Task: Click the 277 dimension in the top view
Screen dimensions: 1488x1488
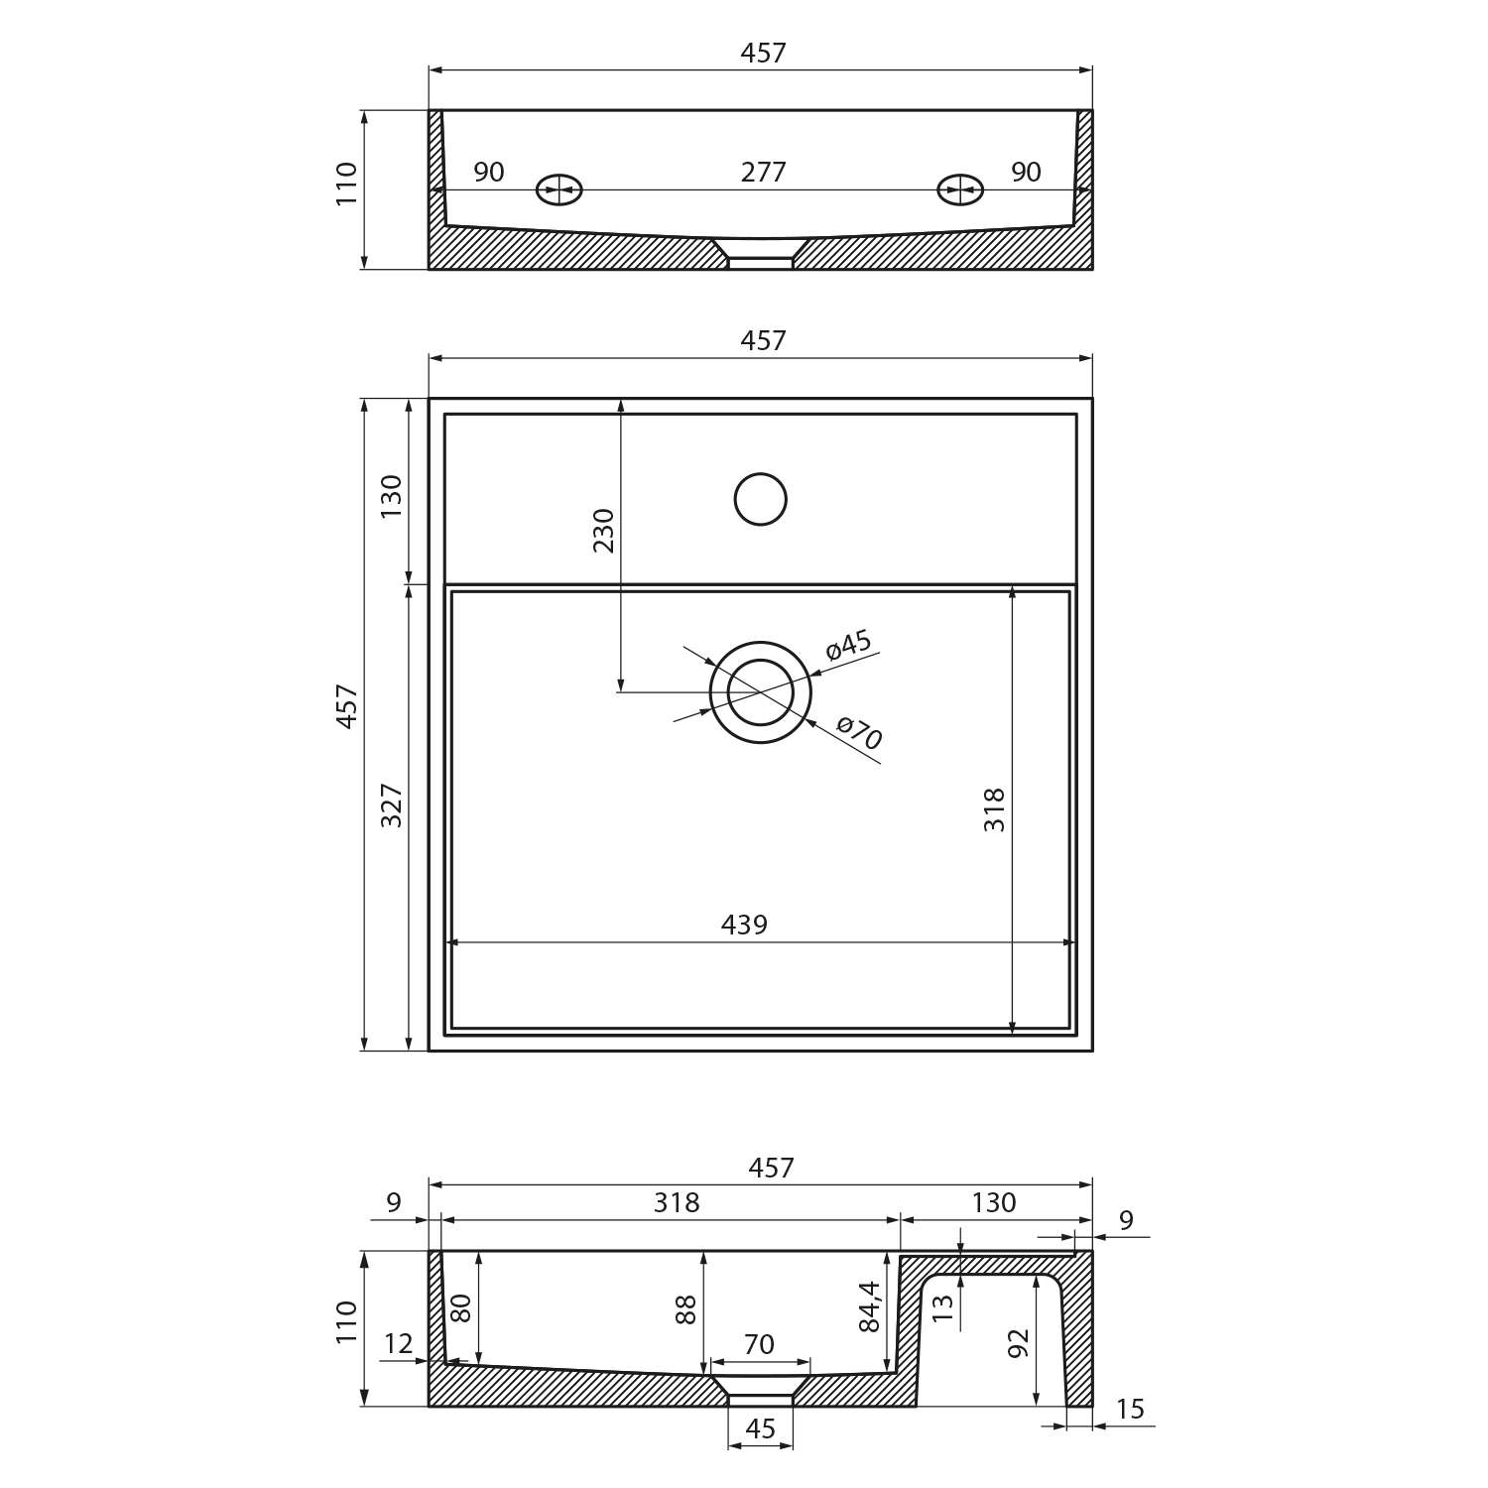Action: pos(763,173)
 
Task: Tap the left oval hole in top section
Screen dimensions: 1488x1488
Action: pos(559,189)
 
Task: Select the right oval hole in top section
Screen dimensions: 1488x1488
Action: pos(960,189)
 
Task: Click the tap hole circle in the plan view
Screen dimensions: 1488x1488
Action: pos(761,499)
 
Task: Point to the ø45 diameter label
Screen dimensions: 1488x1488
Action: pos(848,645)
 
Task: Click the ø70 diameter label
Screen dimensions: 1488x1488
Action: pos(859,733)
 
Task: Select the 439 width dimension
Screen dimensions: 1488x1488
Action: pos(744,925)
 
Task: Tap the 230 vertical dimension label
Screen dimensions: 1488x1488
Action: pos(603,530)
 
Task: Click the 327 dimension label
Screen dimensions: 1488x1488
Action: pos(391,806)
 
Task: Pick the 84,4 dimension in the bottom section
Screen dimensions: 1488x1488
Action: pos(869,1306)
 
